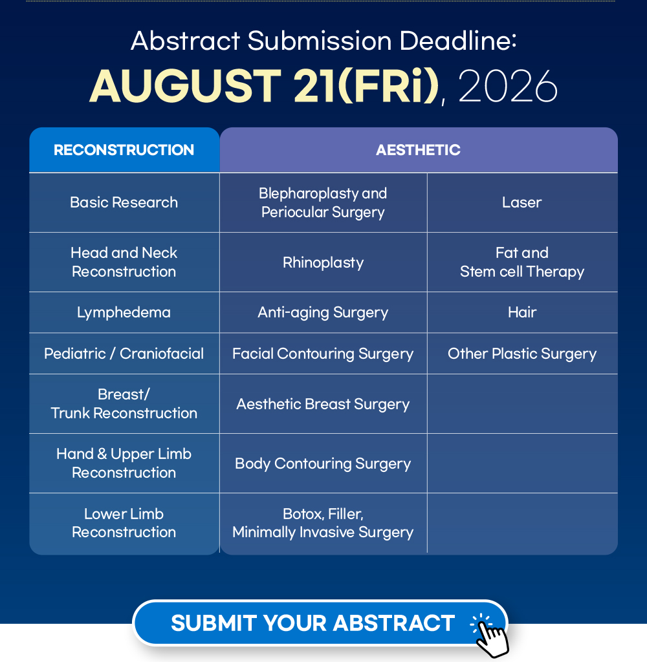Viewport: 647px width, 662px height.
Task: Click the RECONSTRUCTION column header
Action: coord(124,150)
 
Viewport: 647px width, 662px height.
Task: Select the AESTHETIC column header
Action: coord(419,150)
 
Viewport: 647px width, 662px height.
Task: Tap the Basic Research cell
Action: coord(124,202)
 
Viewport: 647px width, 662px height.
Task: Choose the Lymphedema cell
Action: coord(124,312)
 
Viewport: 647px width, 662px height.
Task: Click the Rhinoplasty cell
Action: coord(323,262)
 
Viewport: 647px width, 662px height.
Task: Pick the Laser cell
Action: coord(522,202)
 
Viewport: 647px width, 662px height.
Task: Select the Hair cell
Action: coord(522,312)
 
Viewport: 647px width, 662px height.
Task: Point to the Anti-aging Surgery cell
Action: coord(323,312)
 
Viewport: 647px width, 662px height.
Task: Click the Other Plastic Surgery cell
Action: coord(522,354)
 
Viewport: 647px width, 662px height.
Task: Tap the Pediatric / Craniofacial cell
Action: coord(124,354)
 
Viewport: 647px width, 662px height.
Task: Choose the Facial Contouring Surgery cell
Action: coord(323,354)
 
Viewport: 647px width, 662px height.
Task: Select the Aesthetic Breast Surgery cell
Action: coord(323,404)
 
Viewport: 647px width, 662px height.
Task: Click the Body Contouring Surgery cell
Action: coord(323,464)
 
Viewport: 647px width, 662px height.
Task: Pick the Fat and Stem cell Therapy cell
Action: coord(522,262)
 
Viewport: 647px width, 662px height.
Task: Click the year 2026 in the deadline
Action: coord(507,87)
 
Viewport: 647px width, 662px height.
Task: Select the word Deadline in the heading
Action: coord(457,41)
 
